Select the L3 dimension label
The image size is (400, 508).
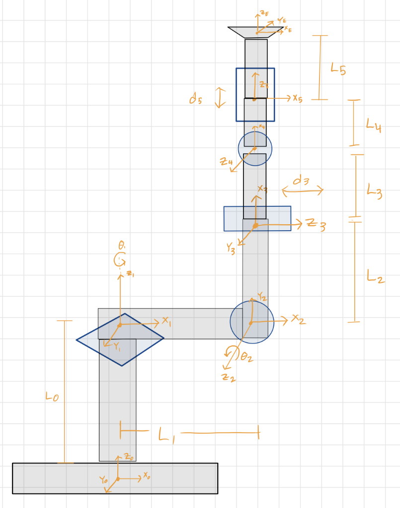click(x=374, y=190)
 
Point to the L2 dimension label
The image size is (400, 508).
click(x=375, y=276)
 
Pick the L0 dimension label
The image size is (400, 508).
click(x=52, y=397)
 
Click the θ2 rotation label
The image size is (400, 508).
click(x=246, y=357)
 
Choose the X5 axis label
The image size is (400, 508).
click(x=297, y=98)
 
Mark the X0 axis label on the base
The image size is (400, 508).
click(x=147, y=476)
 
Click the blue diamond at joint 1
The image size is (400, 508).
click(x=120, y=340)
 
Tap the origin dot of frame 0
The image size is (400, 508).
click(x=118, y=479)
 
